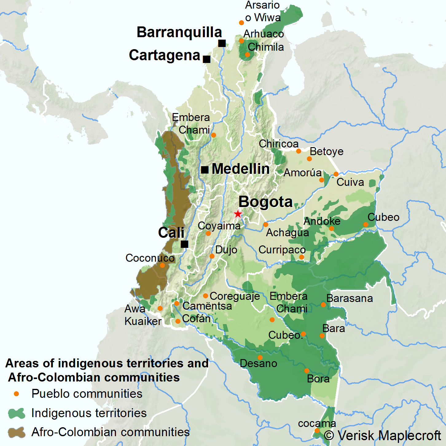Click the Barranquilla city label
tap(179, 32)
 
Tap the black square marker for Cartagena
tap(207, 59)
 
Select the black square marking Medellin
tap(205, 170)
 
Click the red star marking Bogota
tap(238, 214)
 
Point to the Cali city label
tap(171, 233)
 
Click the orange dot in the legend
tap(17, 394)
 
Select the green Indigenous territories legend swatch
tap(17, 413)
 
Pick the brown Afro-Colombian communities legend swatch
tap(17, 432)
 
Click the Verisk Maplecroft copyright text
tap(382, 436)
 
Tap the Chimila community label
tap(266, 47)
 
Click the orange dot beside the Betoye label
tap(309, 159)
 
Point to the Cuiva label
tap(350, 182)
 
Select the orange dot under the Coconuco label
tap(162, 265)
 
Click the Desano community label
tap(258, 363)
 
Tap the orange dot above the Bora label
tap(307, 371)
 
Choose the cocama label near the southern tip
tap(317, 423)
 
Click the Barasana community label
tap(350, 298)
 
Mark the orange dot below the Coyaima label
tap(208, 233)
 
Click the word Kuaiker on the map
tap(143, 321)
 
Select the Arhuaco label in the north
tap(264, 34)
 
